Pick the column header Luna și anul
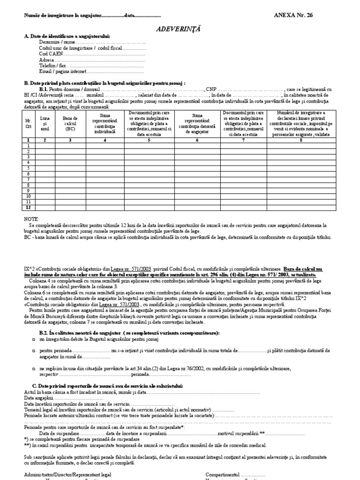point(45,124)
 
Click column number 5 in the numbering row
point(149,140)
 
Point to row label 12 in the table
point(28,207)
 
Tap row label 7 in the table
point(28,179)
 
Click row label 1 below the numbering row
point(28,146)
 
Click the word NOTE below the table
point(31,219)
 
